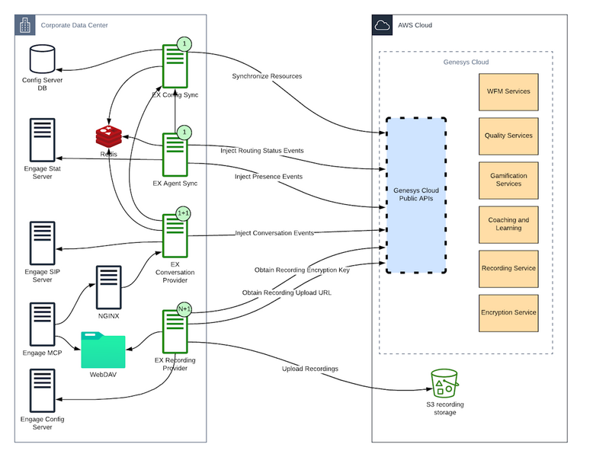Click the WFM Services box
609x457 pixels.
tap(508, 92)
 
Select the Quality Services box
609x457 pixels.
tap(508, 136)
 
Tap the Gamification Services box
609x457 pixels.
tap(508, 180)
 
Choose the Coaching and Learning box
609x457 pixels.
tap(508, 224)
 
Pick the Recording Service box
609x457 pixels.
tap(508, 268)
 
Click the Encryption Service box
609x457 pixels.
tap(508, 312)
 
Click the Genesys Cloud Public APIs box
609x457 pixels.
tap(415, 195)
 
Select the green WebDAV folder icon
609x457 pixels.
tap(102, 350)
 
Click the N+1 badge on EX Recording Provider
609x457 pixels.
tap(184, 309)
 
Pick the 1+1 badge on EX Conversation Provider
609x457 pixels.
tap(184, 213)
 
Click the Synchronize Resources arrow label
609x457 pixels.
tap(267, 76)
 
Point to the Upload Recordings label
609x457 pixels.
tap(310, 369)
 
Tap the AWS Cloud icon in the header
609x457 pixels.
tap(383, 25)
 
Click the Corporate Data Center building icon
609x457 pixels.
tap(25, 25)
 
